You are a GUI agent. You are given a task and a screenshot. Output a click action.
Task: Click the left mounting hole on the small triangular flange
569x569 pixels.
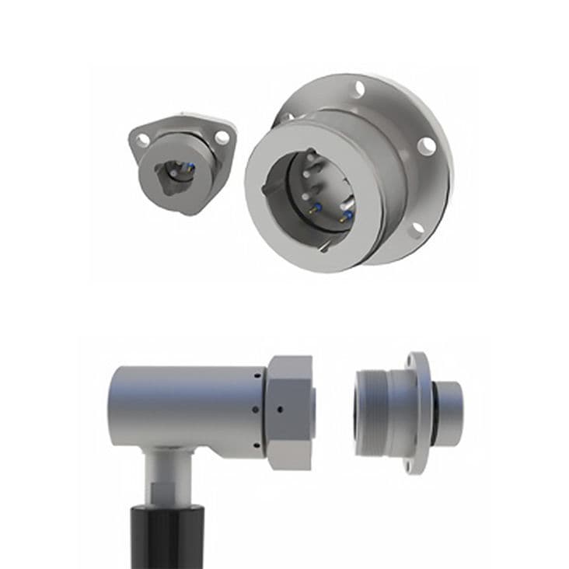pos(143,140)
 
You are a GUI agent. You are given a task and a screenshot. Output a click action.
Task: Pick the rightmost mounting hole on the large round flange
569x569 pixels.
pos(426,145)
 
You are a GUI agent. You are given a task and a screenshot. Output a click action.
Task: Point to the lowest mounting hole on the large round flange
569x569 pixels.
pos(417,227)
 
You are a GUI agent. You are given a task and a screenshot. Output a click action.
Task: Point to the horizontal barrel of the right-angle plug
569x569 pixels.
pos(187,404)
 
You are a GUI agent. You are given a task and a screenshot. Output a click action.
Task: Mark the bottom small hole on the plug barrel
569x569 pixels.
pos(256,445)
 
